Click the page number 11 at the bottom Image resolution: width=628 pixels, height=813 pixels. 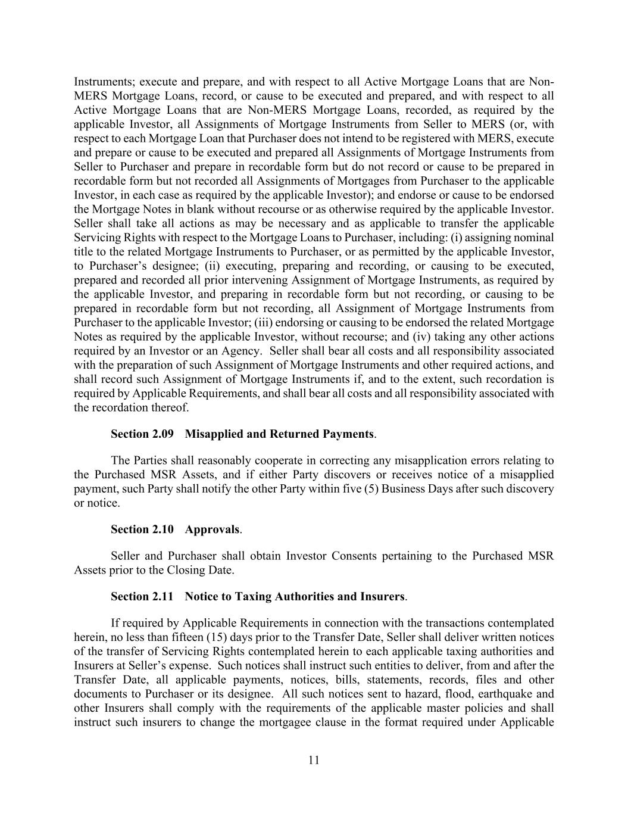click(x=314, y=760)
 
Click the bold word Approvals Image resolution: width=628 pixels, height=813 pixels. click(x=212, y=529)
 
